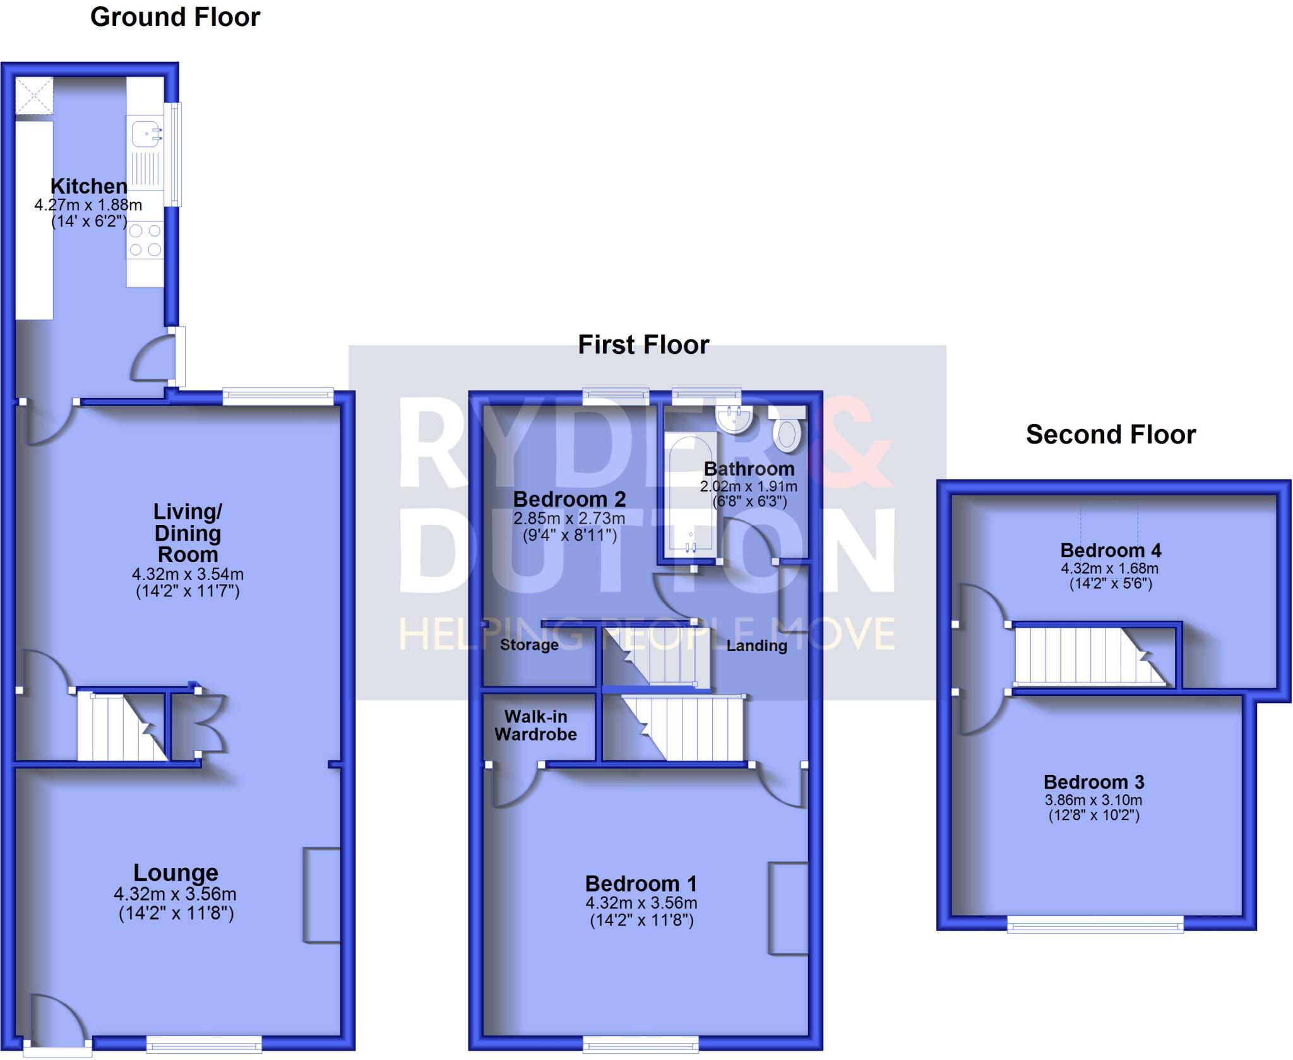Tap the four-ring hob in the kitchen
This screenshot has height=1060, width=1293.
click(x=145, y=240)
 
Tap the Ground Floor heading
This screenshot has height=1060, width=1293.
click(x=175, y=17)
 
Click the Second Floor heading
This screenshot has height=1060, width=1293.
click(x=1111, y=435)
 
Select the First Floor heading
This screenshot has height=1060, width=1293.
click(x=643, y=345)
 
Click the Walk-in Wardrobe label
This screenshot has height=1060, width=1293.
click(x=535, y=726)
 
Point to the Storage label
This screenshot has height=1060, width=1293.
click(x=529, y=645)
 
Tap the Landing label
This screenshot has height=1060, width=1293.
click(x=756, y=645)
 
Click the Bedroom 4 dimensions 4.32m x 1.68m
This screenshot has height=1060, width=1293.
click(x=1110, y=568)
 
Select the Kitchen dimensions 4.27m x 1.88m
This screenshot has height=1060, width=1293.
click(x=88, y=205)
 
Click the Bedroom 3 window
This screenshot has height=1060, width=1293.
click(x=1095, y=926)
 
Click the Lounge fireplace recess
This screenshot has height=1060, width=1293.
click(x=322, y=895)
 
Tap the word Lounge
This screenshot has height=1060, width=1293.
click(x=176, y=873)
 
